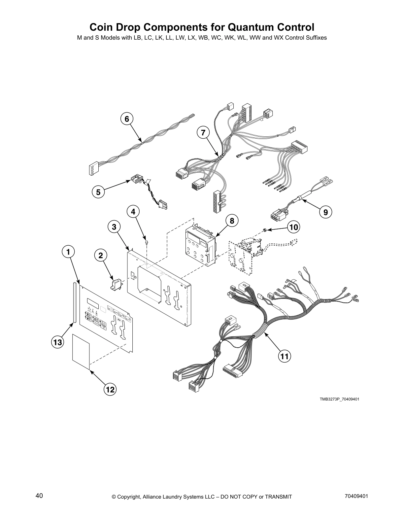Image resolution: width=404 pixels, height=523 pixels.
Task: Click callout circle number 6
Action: pyautogui.click(x=127, y=119)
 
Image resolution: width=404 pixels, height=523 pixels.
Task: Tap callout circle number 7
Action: pyautogui.click(x=203, y=133)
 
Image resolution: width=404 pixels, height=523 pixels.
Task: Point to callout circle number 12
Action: pyautogui.click(x=110, y=389)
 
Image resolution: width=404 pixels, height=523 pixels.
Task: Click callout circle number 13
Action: pyautogui.click(x=57, y=342)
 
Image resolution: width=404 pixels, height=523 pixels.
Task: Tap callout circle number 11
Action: pyautogui.click(x=285, y=356)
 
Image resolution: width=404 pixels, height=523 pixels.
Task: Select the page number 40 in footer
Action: pyautogui.click(x=39, y=496)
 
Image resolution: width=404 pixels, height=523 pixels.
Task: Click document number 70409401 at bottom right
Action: pyautogui.click(x=356, y=496)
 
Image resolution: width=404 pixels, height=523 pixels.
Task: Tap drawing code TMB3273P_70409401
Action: pyautogui.click(x=339, y=399)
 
